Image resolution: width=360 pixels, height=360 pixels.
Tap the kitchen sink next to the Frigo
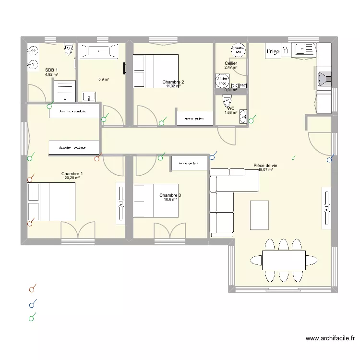pyautogui.click(x=305, y=48)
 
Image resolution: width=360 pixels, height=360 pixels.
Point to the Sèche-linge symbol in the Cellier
pyautogui.click(x=222, y=81)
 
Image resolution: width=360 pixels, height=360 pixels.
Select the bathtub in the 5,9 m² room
pyautogui.click(x=98, y=51)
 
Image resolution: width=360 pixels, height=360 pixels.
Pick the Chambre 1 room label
pyautogui.click(x=72, y=174)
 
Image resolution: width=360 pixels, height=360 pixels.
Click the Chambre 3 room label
pyautogui.click(x=170, y=195)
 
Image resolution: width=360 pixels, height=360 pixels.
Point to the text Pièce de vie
pyautogui.click(x=265, y=165)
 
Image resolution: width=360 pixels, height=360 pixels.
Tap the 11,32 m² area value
pyautogui.click(x=173, y=86)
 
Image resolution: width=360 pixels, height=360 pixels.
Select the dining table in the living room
pyautogui.click(x=284, y=260)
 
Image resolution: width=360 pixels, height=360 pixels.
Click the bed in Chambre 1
pyautogui.click(x=51, y=202)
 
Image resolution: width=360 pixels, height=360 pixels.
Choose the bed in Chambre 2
pyautogui.click(x=156, y=71)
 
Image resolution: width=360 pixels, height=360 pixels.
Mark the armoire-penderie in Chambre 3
pyautogui.click(x=190, y=164)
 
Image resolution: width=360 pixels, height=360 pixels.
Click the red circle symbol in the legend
pyautogui.click(x=32, y=289)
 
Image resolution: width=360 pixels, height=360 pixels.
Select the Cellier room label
pyautogui.click(x=231, y=63)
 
